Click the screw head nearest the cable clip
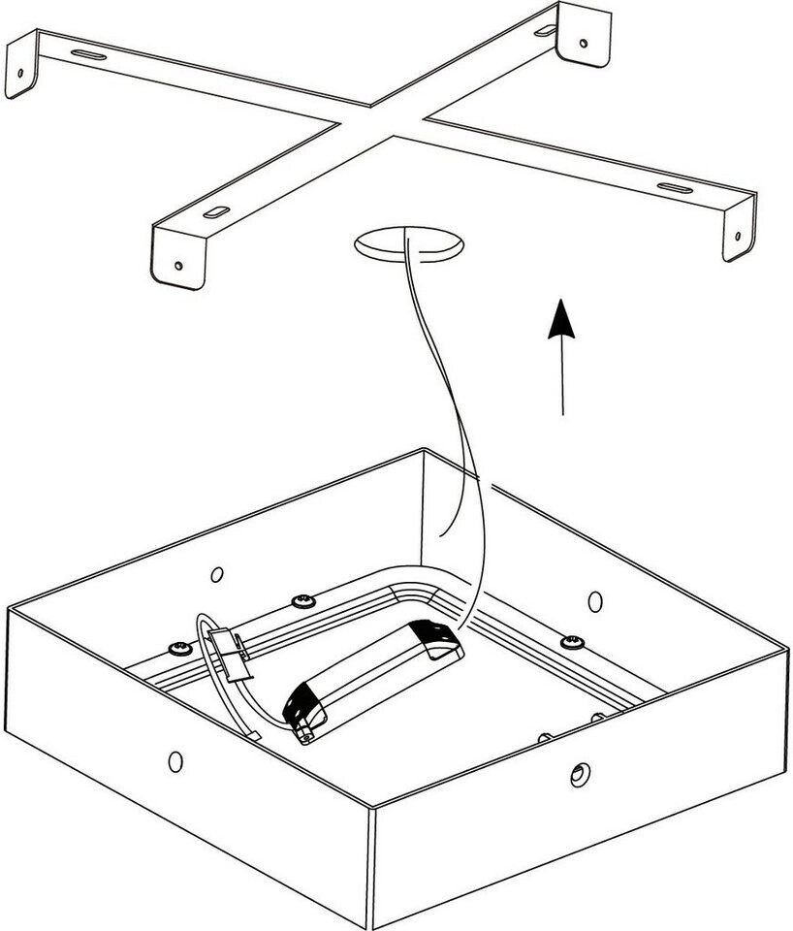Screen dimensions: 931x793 177,646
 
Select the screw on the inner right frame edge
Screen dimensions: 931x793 574,641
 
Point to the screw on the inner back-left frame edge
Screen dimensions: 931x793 304,602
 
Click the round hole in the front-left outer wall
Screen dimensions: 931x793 175,759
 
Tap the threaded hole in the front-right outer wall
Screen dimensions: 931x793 579,773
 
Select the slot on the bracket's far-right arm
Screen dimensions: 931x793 671,186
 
